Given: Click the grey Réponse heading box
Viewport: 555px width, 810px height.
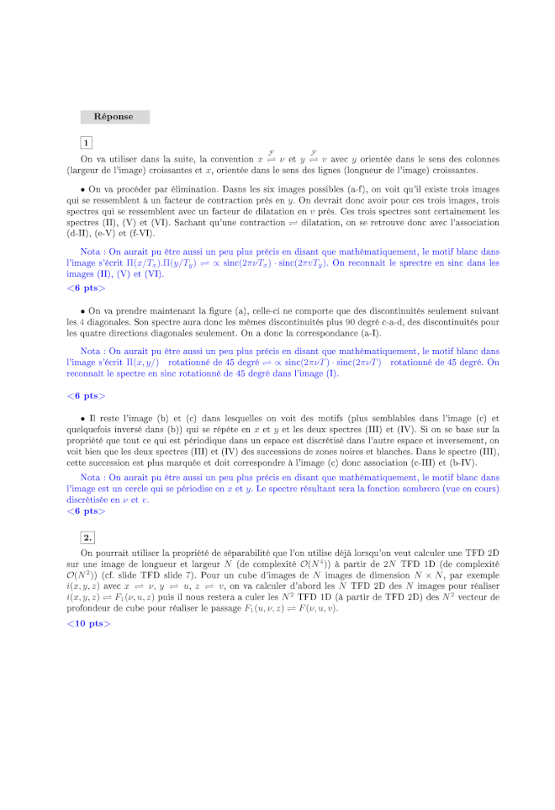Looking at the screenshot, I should pos(115,117).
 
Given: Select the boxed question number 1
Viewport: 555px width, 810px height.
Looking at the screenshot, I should pos(87,143).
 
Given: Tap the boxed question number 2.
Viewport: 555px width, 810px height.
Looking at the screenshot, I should pos(87,537).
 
